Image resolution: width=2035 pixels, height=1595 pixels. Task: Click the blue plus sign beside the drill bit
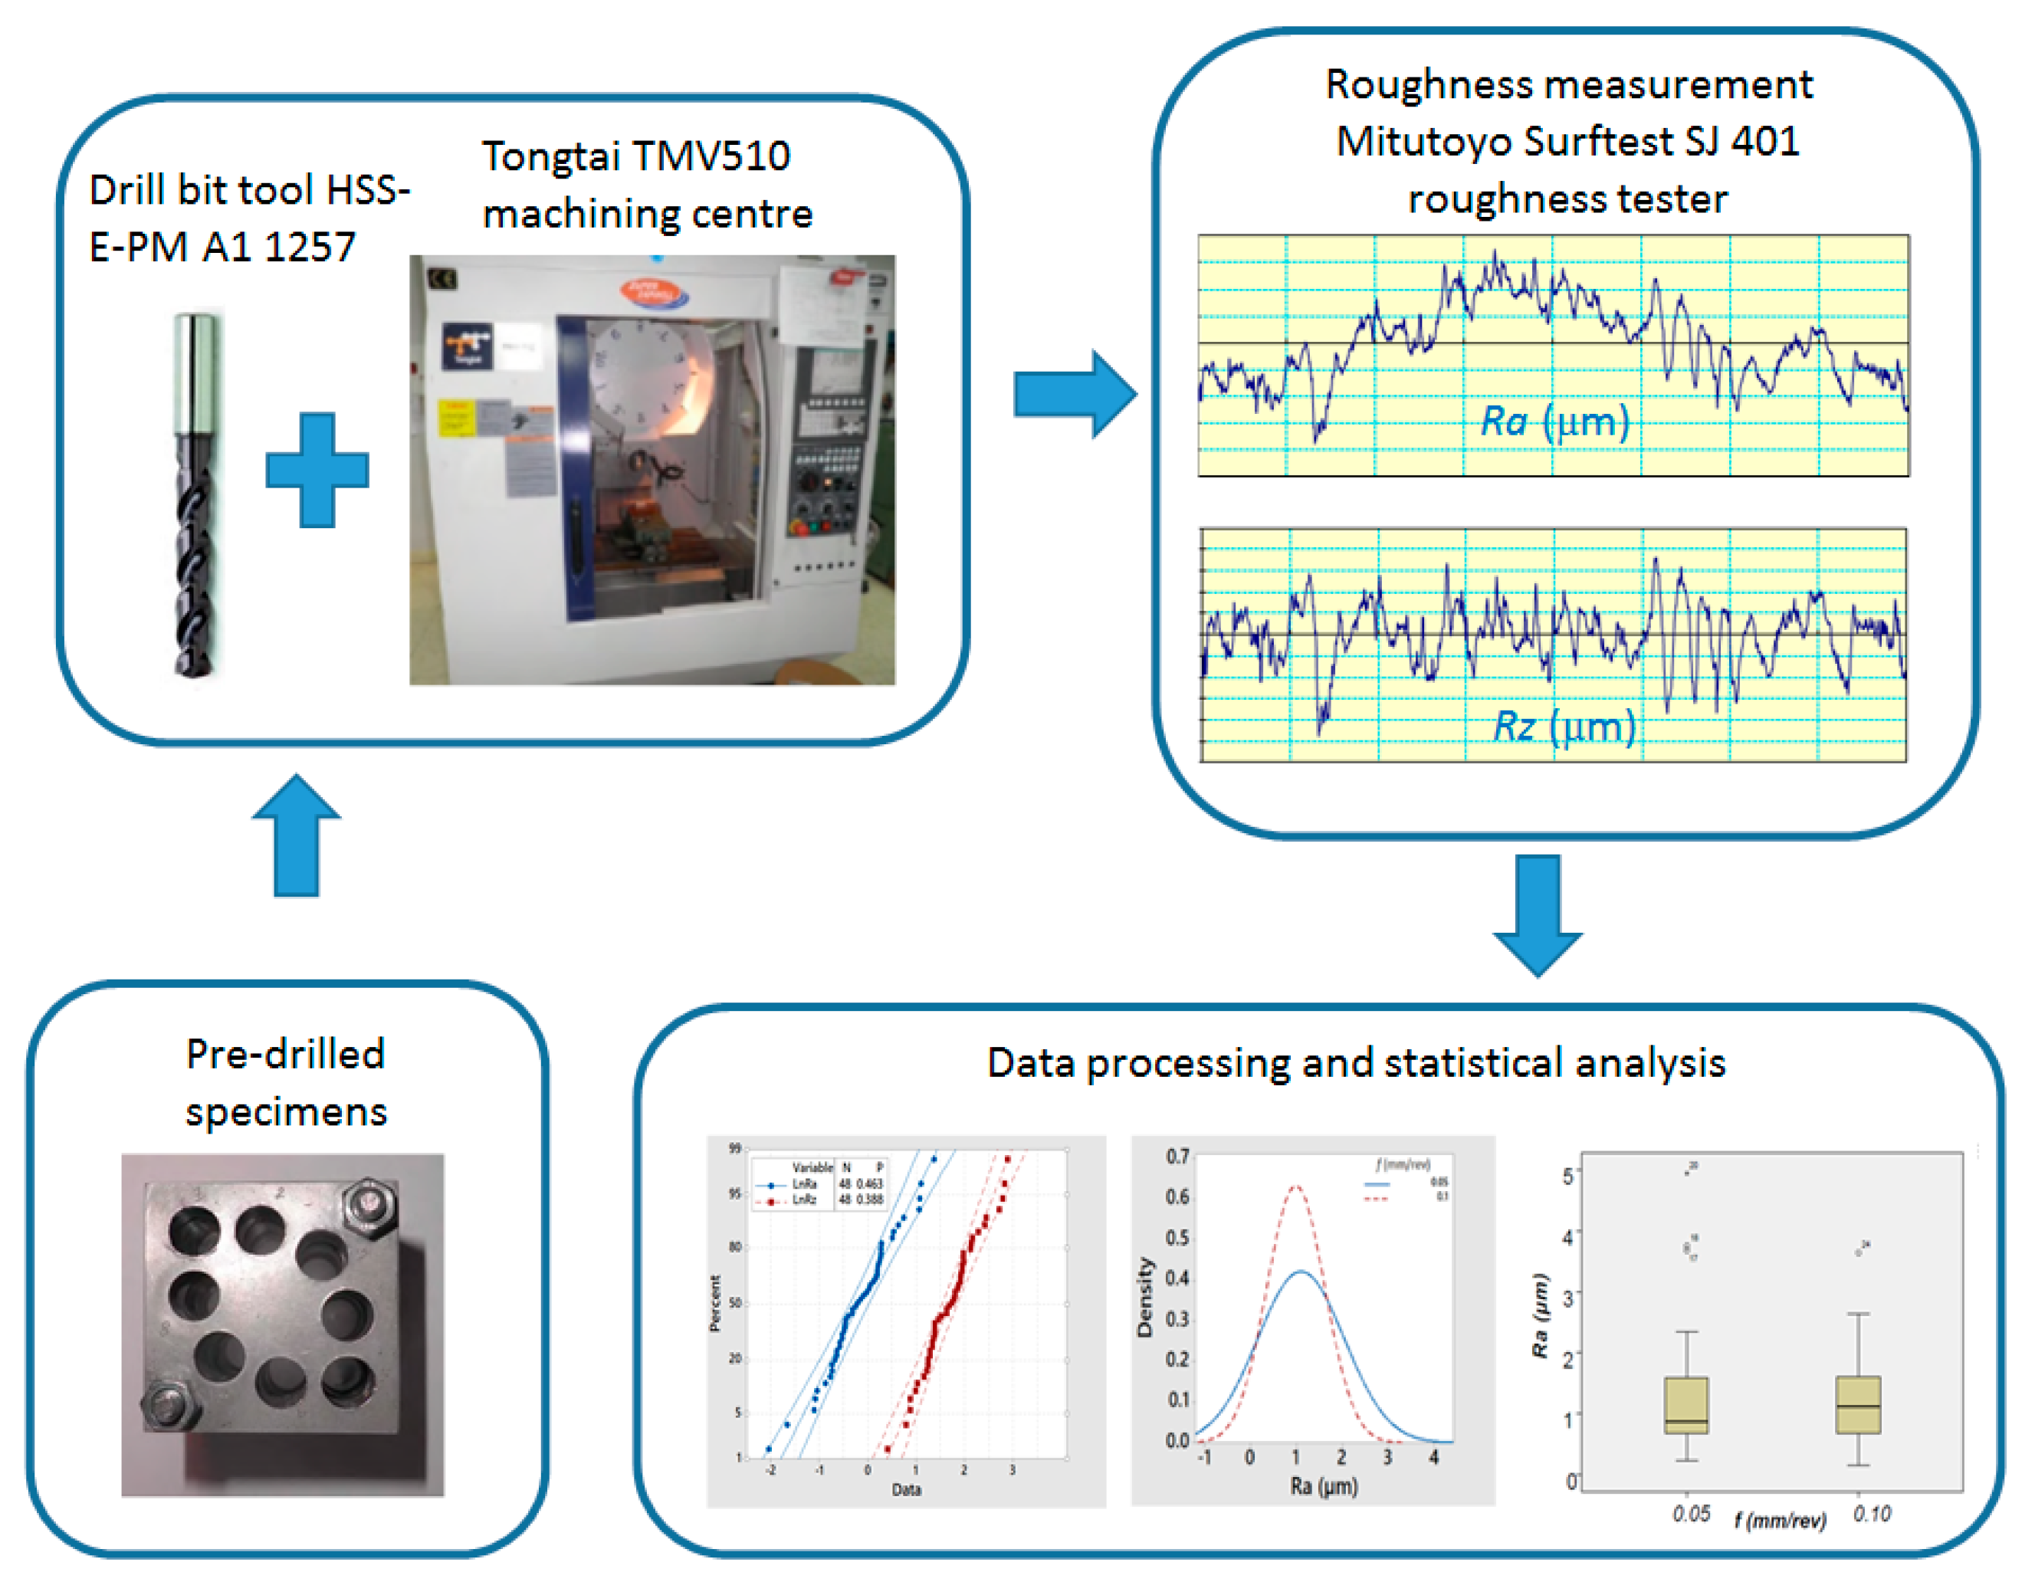pyautogui.click(x=317, y=470)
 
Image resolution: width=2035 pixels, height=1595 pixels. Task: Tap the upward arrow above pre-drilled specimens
pyautogui.click(x=297, y=835)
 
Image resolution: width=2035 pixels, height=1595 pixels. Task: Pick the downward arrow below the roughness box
pyautogui.click(x=1538, y=915)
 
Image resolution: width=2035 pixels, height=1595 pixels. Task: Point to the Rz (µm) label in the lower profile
pyautogui.click(x=1564, y=727)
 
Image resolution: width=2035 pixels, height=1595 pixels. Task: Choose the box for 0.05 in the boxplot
pyautogui.click(x=1687, y=1406)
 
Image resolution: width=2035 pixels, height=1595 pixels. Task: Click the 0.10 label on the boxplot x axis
pyautogui.click(x=1873, y=1515)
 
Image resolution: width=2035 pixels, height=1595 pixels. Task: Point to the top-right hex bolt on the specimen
pyautogui.click(x=370, y=1206)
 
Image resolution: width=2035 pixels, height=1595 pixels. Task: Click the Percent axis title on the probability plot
pyautogui.click(x=715, y=1303)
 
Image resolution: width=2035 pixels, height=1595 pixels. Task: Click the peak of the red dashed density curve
pyautogui.click(x=1295, y=1188)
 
